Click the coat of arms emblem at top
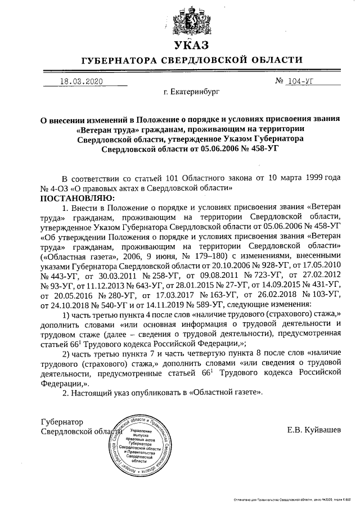(x=191, y=21)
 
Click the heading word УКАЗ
(x=191, y=45)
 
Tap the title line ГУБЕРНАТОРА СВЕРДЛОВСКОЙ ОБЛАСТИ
(x=191, y=60)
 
